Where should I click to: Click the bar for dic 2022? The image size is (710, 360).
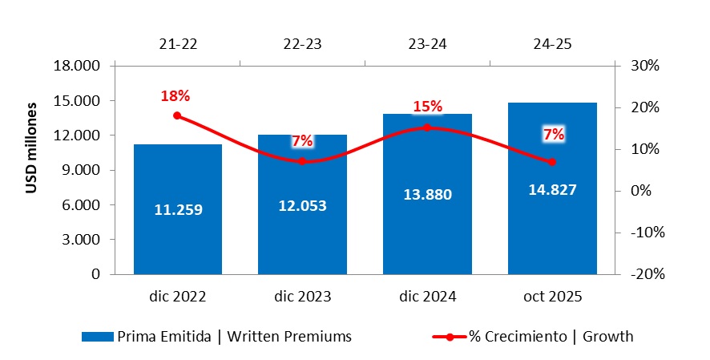pyautogui.click(x=177, y=241)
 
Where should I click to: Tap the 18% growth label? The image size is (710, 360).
pyautogui.click(x=175, y=96)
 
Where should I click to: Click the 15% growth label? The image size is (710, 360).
pyautogui.click(x=427, y=107)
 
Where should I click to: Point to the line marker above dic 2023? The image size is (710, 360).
pyautogui.click(x=302, y=161)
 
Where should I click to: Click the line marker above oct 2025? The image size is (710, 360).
pyautogui.click(x=552, y=162)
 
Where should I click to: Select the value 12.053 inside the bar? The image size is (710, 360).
pyautogui.click(x=302, y=205)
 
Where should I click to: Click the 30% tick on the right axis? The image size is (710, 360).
pyautogui.click(x=643, y=66)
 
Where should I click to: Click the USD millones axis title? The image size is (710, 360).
pyautogui.click(x=33, y=148)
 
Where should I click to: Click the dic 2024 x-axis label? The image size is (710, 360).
pyautogui.click(x=427, y=297)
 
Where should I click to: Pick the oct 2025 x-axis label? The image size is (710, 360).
pyautogui.click(x=552, y=297)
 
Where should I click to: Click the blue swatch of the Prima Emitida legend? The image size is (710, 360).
pyautogui.click(x=98, y=337)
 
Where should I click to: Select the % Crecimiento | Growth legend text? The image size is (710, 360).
pyautogui.click(x=551, y=337)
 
